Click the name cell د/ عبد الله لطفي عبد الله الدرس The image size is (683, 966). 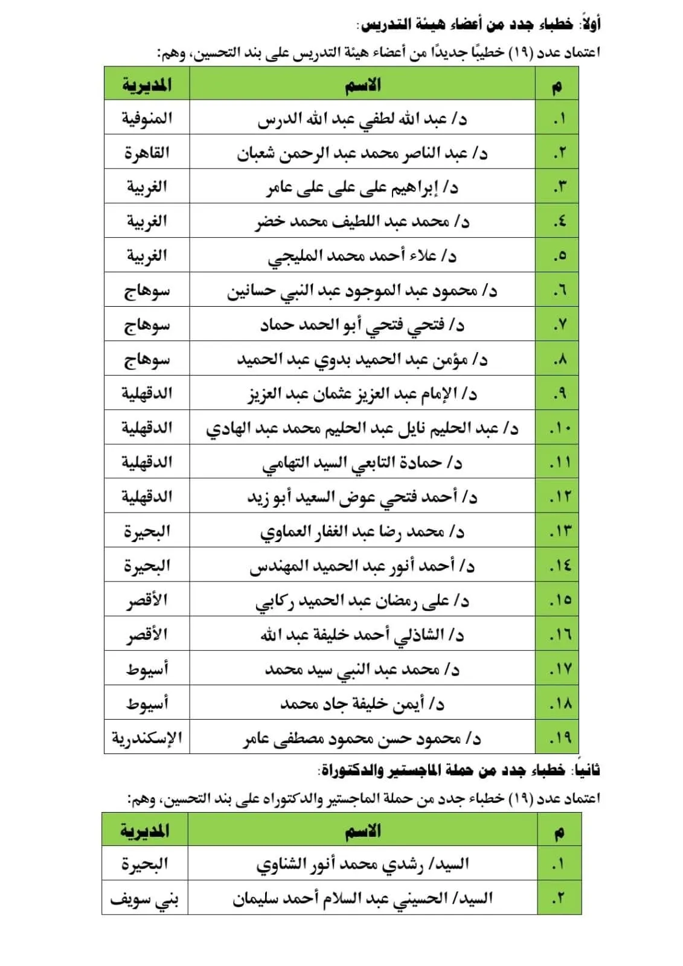point(362,118)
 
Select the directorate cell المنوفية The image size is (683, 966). point(147,118)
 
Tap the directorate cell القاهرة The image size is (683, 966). point(147,153)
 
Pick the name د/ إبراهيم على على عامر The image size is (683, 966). point(362,188)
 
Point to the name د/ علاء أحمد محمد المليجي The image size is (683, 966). point(362,257)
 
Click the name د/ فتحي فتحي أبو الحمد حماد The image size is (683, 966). point(362,325)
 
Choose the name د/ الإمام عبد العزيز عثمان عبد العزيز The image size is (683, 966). point(362,394)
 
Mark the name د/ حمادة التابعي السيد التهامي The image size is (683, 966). point(362,463)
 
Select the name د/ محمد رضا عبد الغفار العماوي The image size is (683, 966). point(362,532)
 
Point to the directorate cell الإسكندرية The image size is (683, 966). point(147,738)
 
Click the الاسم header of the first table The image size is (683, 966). point(362,85)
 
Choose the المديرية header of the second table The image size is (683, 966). point(145,831)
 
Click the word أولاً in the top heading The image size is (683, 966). point(589,24)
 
